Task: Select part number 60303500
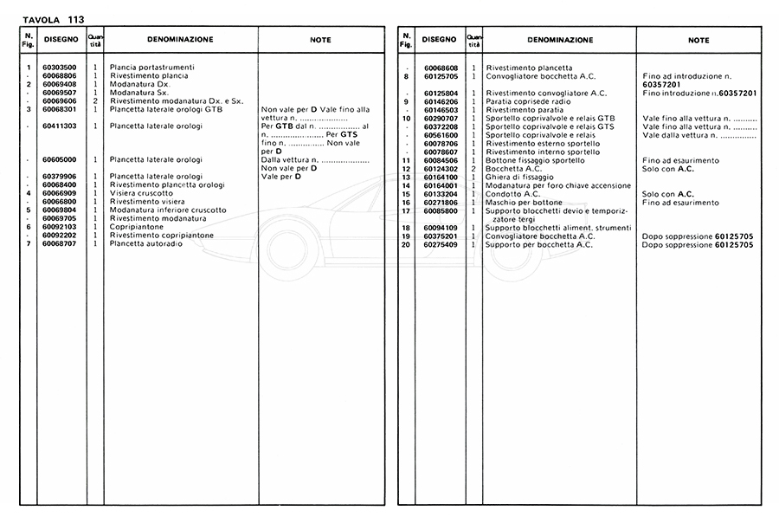[x=60, y=68]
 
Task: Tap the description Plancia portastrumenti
[x=151, y=68]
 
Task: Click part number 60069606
[x=60, y=100]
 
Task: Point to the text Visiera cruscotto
[x=141, y=193]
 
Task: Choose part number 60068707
[x=60, y=243]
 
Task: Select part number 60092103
[x=60, y=227]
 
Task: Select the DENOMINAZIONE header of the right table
[x=559, y=40]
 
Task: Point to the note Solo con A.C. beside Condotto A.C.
[x=668, y=194]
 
